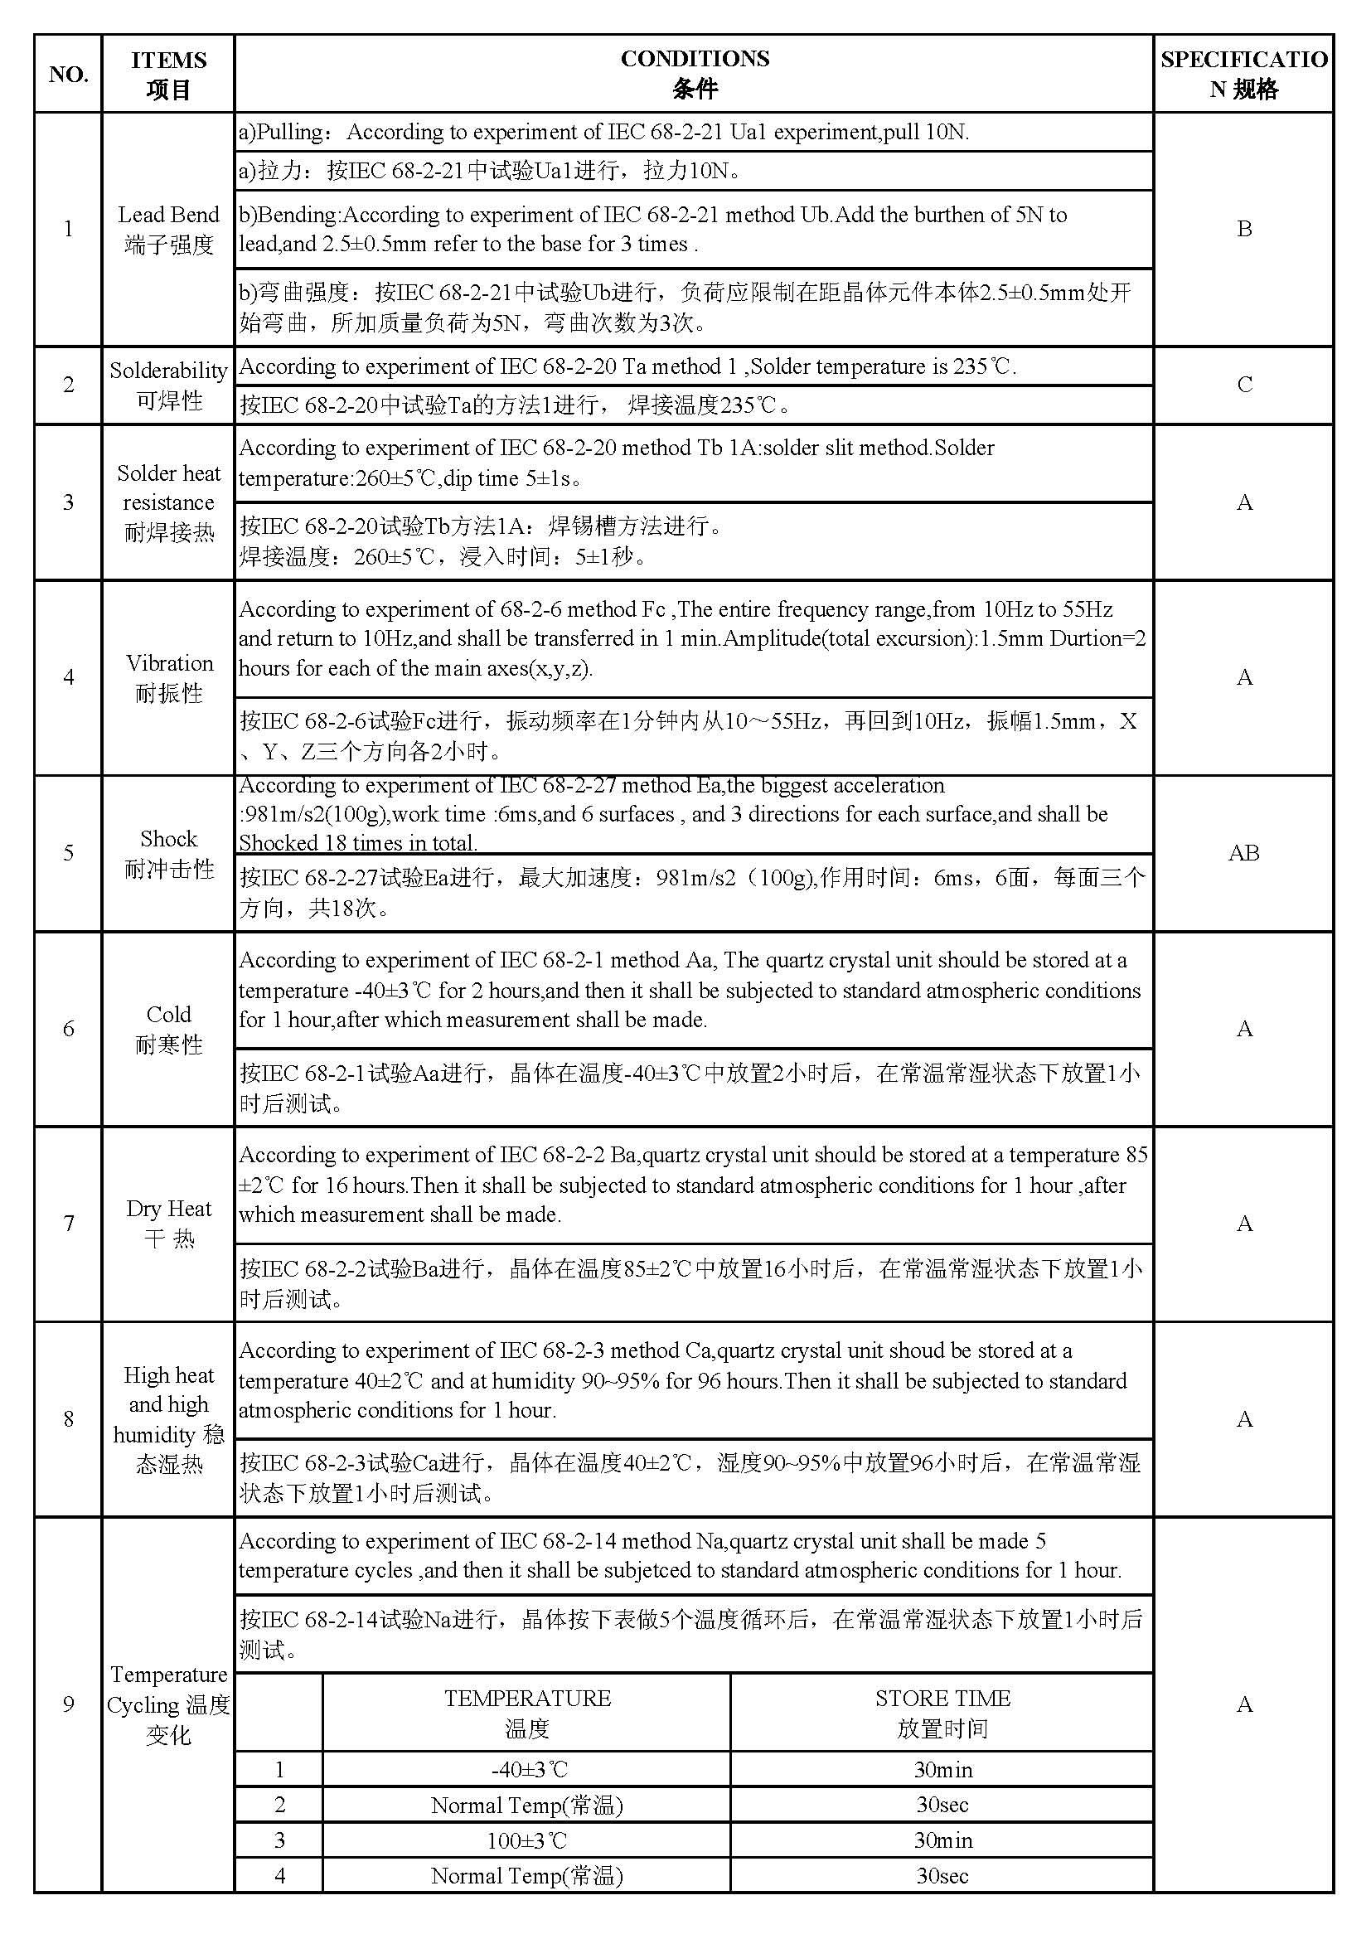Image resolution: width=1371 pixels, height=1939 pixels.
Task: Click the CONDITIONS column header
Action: pyautogui.click(x=694, y=74)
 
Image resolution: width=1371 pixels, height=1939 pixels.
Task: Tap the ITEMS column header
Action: pyautogui.click(x=168, y=75)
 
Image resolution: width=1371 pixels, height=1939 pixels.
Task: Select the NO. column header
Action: pyautogui.click(x=68, y=75)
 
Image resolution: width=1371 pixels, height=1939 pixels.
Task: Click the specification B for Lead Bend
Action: pyautogui.click(x=1243, y=229)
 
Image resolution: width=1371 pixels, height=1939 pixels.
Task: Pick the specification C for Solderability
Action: pyautogui.click(x=1243, y=385)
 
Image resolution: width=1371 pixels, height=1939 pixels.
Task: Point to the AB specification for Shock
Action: pyautogui.click(x=1243, y=853)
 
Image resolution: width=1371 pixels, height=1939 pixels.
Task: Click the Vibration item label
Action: pyautogui.click(x=169, y=677)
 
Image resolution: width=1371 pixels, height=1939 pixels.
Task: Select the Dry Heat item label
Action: pyautogui.click(x=169, y=1223)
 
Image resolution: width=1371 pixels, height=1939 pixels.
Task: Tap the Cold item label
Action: pyautogui.click(x=169, y=1029)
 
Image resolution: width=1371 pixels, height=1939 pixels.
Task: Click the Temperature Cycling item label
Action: pyautogui.click(x=169, y=1704)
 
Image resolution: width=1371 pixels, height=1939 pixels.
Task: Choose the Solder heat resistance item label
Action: pyautogui.click(x=169, y=502)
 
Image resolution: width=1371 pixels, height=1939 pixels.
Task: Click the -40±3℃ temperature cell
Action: pyautogui.click(x=527, y=1769)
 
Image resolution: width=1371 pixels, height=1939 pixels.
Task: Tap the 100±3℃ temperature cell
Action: pyautogui.click(x=527, y=1840)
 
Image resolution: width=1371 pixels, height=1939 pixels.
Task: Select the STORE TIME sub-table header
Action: pyautogui.click(x=942, y=1713)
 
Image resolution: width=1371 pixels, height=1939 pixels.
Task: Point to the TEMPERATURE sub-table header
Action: pyautogui.click(x=527, y=1713)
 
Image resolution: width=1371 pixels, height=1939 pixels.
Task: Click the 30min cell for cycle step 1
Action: pyautogui.click(x=942, y=1769)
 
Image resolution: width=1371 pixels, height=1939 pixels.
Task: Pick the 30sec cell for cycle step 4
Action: pyautogui.click(x=942, y=1876)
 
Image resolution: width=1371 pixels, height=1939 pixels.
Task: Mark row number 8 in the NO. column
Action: pyautogui.click(x=68, y=1418)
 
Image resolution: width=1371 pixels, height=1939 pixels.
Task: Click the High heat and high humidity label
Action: pyautogui.click(x=169, y=1418)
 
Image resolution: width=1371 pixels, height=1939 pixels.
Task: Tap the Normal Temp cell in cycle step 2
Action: pyautogui.click(x=527, y=1805)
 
